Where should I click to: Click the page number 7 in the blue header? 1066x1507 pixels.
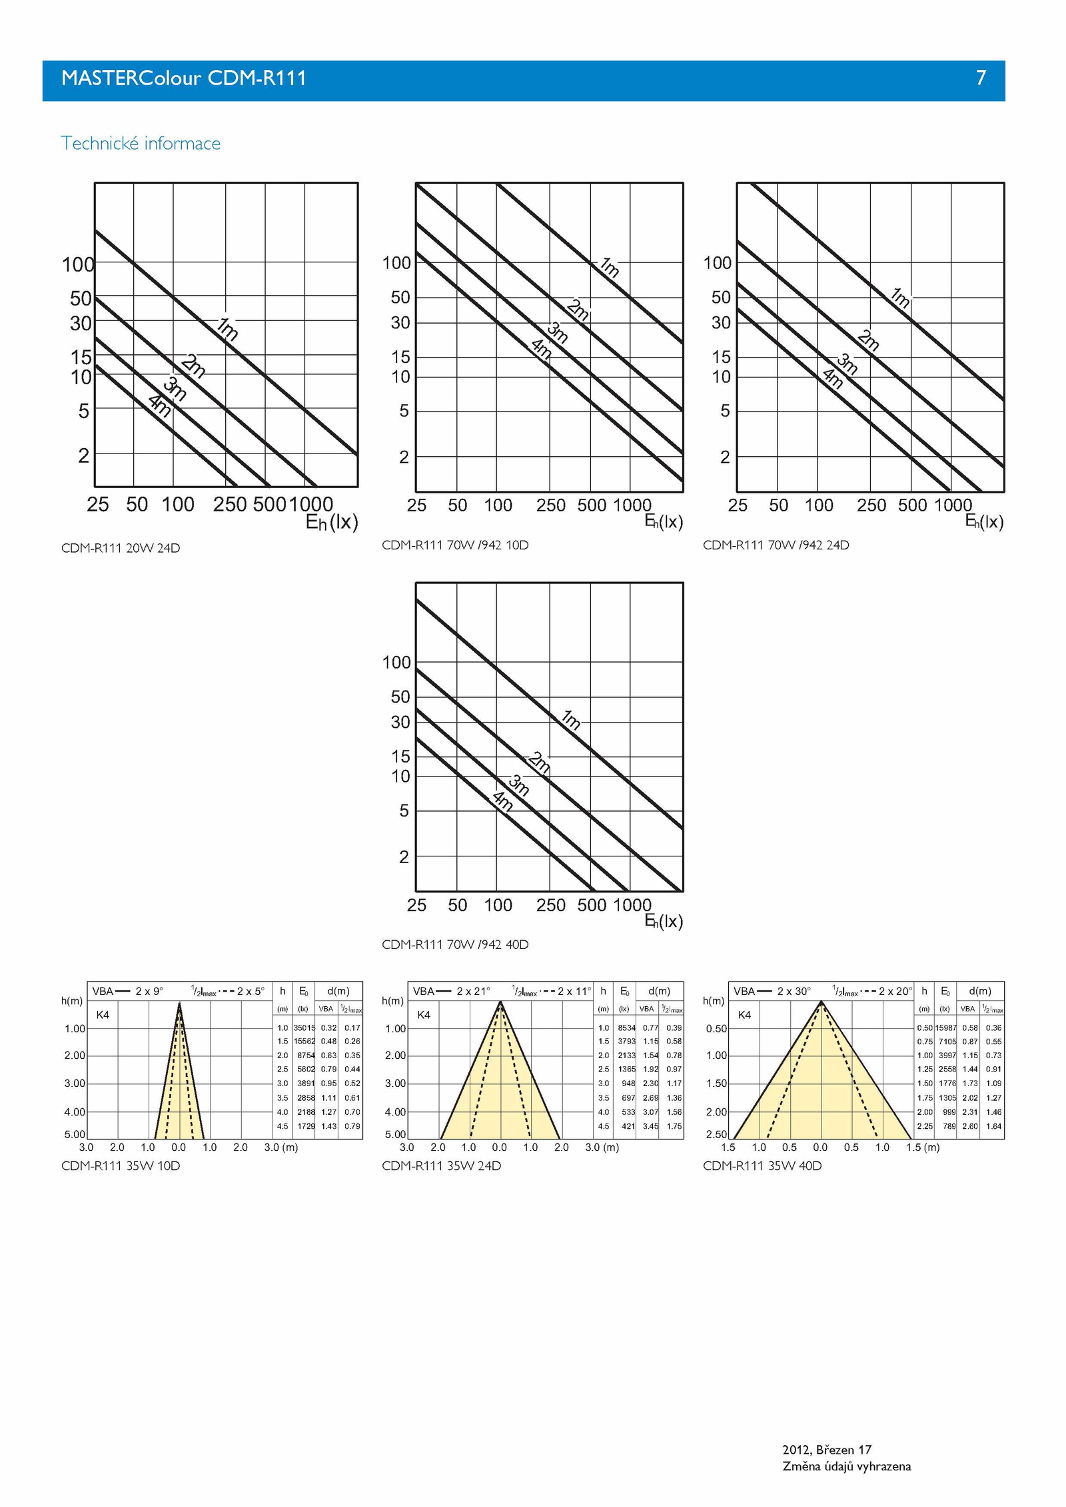[981, 79]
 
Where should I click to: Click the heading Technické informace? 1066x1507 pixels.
[141, 143]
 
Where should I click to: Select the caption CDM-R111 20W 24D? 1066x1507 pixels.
[121, 548]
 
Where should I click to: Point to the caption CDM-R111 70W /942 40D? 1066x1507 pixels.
[455, 944]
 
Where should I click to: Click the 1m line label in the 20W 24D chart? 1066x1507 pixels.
[227, 328]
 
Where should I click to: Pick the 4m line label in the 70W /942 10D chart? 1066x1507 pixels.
[541, 349]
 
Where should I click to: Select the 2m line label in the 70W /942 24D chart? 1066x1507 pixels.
[868, 340]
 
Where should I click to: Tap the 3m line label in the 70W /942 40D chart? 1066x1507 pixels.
[519, 785]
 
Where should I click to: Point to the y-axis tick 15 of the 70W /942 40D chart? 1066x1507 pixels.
[400, 756]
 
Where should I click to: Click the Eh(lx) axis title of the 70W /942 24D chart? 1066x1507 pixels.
[984, 521]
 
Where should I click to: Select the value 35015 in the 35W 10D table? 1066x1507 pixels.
[304, 1028]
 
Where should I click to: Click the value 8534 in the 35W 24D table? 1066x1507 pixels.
[626, 1028]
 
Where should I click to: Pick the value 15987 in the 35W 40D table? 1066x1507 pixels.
[945, 1028]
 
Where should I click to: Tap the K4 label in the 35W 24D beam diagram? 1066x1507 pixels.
[424, 1015]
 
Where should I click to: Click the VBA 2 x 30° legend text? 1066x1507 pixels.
[772, 991]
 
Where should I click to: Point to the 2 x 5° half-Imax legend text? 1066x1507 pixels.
[251, 991]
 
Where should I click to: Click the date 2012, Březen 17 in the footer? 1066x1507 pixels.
[827, 1450]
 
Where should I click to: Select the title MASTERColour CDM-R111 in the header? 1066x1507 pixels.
[184, 79]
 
